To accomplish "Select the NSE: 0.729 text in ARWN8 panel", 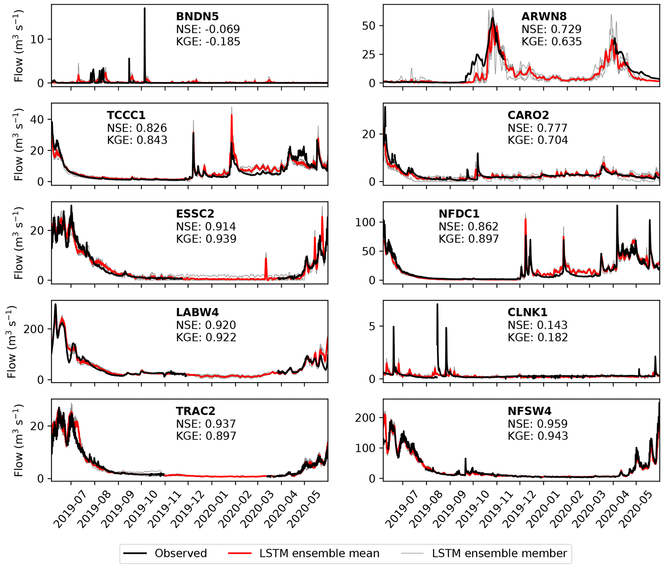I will [551, 29].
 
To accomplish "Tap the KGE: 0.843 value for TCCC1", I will [137, 140].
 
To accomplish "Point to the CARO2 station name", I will [528, 115].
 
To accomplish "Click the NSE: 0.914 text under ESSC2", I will [206, 227].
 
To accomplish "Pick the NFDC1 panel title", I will [459, 214].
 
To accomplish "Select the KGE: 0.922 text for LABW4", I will [206, 337].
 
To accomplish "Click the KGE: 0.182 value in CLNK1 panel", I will [537, 337].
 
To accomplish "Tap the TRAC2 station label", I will [195, 411].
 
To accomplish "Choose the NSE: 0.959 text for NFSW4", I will [537, 424].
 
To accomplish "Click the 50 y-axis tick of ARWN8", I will [369, 26].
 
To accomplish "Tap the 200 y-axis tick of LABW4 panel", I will [34, 329].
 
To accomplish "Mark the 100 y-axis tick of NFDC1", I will [366, 222].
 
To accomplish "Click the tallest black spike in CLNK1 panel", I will [437, 305].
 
